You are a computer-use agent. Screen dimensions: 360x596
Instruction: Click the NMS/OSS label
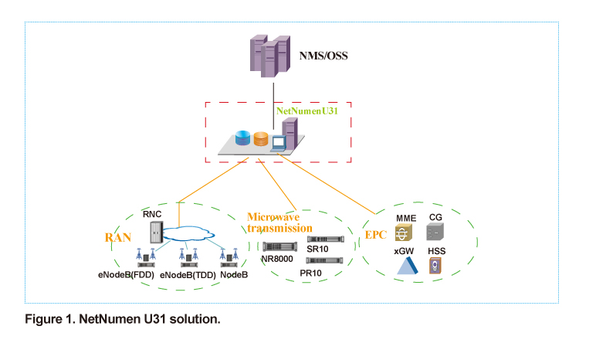click(325, 56)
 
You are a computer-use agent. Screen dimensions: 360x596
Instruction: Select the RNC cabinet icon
click(155, 230)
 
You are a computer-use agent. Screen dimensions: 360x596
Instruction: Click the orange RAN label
click(118, 236)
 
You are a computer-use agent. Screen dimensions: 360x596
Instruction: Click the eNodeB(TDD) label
click(187, 274)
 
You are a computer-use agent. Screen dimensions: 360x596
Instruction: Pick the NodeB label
click(235, 274)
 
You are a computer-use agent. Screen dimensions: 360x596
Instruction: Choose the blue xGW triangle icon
click(406, 267)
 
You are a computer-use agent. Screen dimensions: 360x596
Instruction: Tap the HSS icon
click(437, 266)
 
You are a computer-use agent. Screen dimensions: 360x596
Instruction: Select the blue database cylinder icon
click(243, 140)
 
